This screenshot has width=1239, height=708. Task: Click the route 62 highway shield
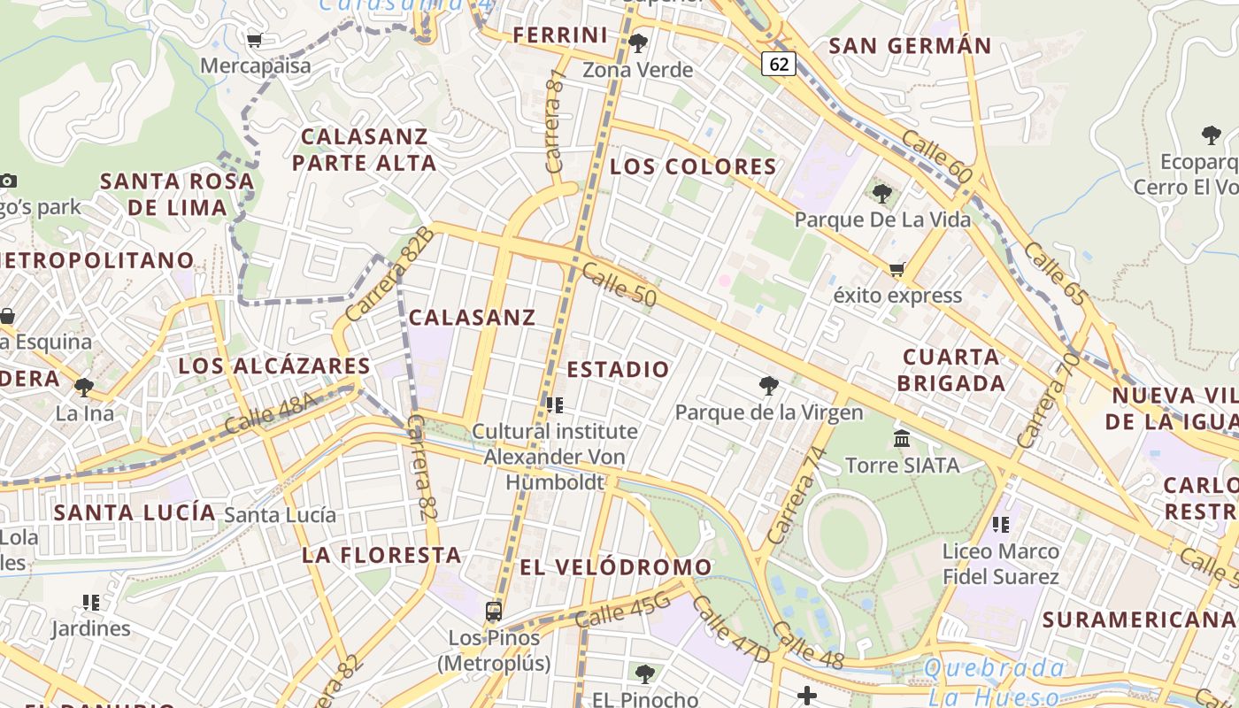[778, 64]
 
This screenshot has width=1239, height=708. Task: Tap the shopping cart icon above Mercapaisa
[255, 40]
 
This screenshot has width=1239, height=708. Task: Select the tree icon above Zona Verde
[637, 42]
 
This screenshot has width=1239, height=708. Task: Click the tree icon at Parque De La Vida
[881, 193]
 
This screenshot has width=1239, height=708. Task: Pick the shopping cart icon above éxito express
[897, 269]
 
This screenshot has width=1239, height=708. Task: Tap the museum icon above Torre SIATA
[902, 438]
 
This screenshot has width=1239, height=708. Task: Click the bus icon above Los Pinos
[494, 611]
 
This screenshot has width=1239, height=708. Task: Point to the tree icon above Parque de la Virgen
[768, 386]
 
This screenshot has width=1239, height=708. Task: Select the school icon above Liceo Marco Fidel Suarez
[1001, 525]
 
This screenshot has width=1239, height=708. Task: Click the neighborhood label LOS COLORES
[693, 166]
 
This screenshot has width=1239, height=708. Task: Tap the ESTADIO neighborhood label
[618, 369]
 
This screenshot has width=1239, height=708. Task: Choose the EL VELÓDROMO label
[615, 567]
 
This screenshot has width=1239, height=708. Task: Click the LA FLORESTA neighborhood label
[381, 555]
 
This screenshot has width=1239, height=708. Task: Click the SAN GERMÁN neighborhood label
[910, 46]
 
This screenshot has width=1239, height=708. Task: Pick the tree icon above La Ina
[84, 387]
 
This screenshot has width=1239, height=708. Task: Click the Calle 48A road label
[271, 412]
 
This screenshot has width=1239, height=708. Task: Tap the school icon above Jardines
[91, 603]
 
